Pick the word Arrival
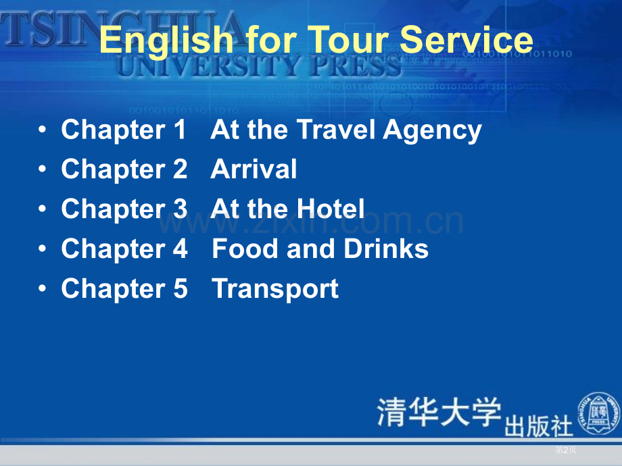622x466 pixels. [254, 170]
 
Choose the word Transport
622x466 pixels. [275, 290]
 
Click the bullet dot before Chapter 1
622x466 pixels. [43, 130]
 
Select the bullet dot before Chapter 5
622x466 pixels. [43, 289]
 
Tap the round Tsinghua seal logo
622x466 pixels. [598, 413]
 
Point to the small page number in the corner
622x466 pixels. [565, 450]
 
